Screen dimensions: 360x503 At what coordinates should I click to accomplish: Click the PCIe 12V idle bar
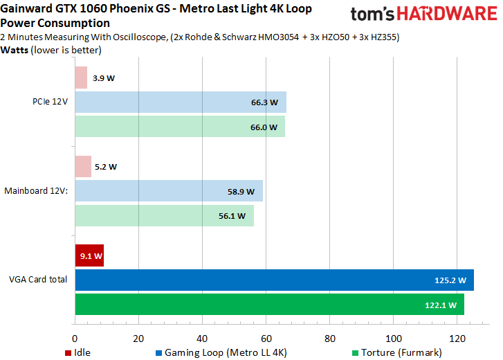[x=81, y=78]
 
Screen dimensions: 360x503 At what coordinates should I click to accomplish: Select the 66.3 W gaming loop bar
[x=180, y=102]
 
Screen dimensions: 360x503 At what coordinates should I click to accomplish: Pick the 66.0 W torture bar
[x=179, y=127]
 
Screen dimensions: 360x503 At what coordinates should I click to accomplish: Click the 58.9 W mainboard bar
[x=168, y=191]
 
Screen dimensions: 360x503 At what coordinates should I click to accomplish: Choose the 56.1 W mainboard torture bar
[x=164, y=215]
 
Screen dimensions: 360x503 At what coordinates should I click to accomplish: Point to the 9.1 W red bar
[x=89, y=255]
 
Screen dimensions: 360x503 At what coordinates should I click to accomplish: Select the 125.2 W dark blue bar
[x=274, y=280]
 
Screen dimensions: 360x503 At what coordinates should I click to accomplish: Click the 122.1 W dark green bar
[x=269, y=305]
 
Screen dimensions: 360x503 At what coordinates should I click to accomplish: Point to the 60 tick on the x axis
[x=266, y=339]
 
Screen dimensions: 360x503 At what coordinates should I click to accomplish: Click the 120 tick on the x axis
[x=457, y=339]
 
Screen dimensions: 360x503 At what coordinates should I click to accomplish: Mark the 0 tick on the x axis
[x=75, y=339]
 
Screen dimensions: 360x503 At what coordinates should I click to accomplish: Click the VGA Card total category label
[x=38, y=280]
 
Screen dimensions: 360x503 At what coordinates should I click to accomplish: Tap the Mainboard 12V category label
[x=36, y=190]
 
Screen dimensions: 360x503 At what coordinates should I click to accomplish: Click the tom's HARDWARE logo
[x=423, y=15]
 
